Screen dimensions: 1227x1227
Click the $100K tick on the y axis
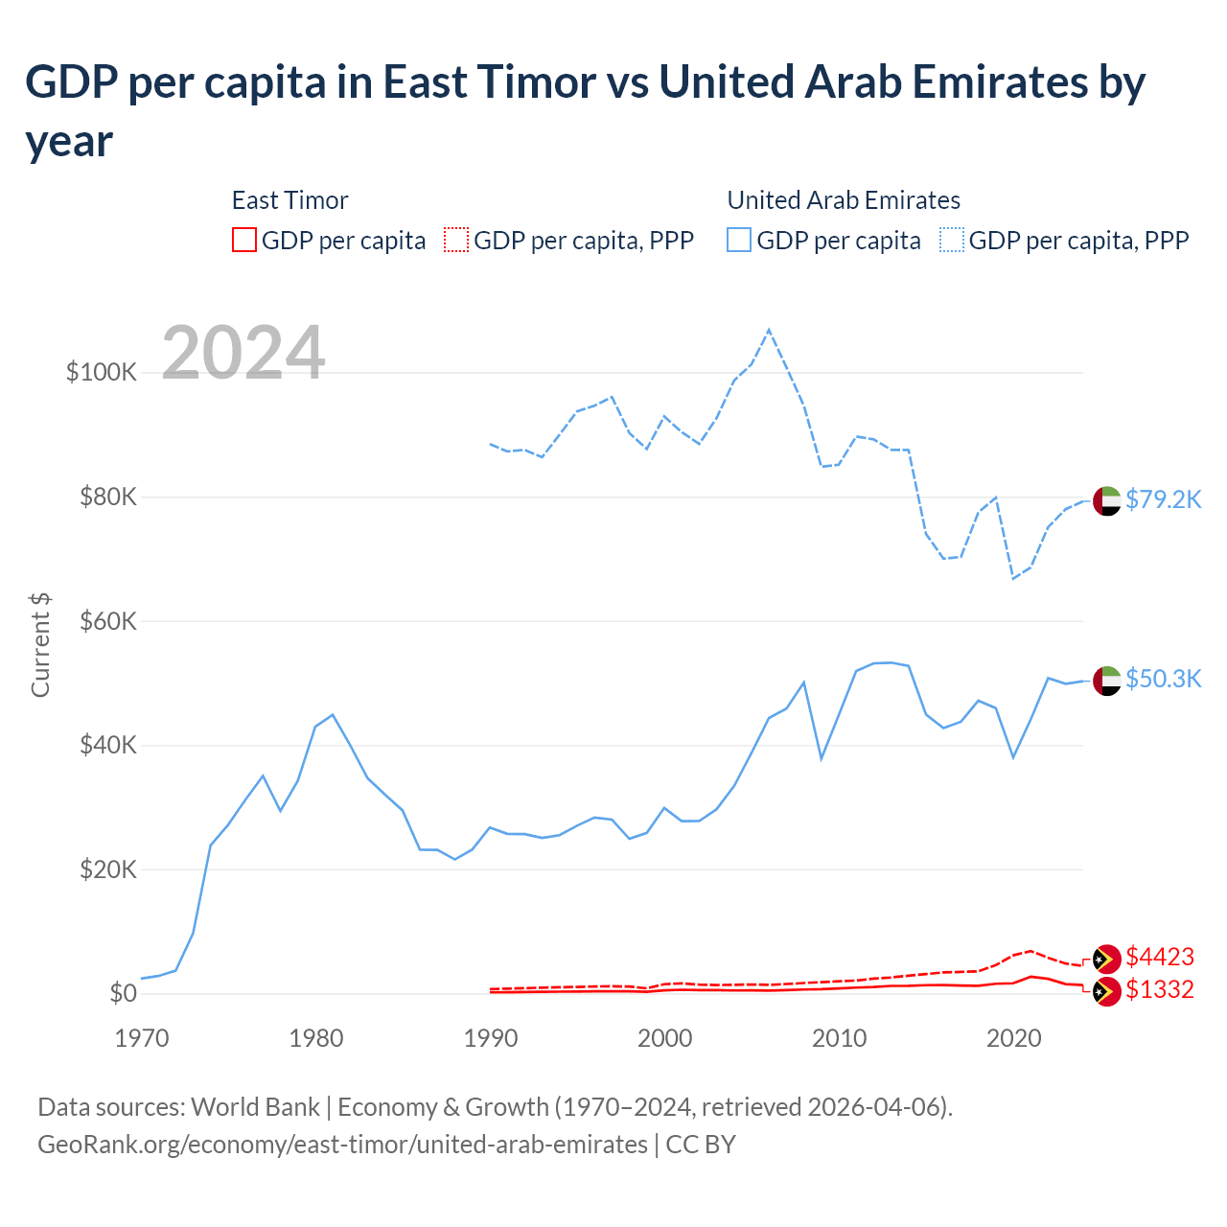point(102,372)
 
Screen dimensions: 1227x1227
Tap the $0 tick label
point(123,993)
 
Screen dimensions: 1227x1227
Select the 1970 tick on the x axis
point(142,1038)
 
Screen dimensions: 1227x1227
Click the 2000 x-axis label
point(665,1038)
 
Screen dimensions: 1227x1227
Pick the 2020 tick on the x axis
point(1014,1038)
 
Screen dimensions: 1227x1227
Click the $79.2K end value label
point(1163,499)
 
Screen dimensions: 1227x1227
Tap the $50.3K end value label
point(1163,679)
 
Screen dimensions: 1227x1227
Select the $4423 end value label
point(1160,957)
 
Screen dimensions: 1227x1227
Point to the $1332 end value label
point(1160,989)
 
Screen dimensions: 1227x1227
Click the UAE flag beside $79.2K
point(1107,500)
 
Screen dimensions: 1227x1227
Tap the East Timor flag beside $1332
point(1107,991)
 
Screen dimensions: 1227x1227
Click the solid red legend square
point(244,240)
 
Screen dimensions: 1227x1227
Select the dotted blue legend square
point(952,240)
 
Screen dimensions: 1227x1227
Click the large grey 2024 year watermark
point(243,353)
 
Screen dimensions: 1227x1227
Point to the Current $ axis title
point(40,644)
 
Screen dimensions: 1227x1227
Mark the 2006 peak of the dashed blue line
point(769,330)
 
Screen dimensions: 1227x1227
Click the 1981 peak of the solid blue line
point(333,714)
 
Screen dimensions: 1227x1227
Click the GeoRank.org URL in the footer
point(342,1145)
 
